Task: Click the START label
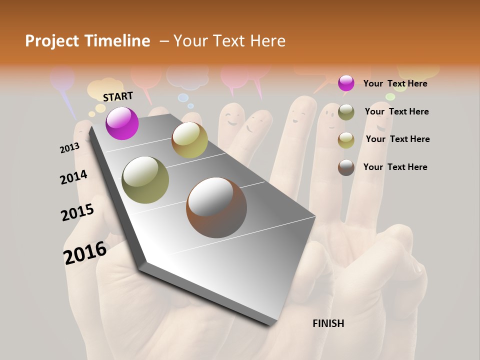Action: tap(118, 96)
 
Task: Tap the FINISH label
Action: tap(328, 323)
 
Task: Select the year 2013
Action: tap(69, 148)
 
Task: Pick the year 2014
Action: tap(73, 177)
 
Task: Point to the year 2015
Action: tap(77, 212)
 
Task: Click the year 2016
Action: tap(85, 252)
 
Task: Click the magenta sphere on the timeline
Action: tap(122, 123)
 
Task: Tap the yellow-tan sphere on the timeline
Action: tap(189, 140)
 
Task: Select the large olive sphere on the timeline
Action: tap(145, 180)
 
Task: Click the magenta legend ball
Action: tap(346, 83)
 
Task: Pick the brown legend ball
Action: tap(346, 167)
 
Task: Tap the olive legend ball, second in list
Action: tap(346, 112)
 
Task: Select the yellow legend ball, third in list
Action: tap(346, 140)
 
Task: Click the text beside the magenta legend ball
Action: tap(395, 83)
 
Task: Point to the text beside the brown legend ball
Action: tap(395, 167)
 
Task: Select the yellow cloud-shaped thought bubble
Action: tap(105, 89)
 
